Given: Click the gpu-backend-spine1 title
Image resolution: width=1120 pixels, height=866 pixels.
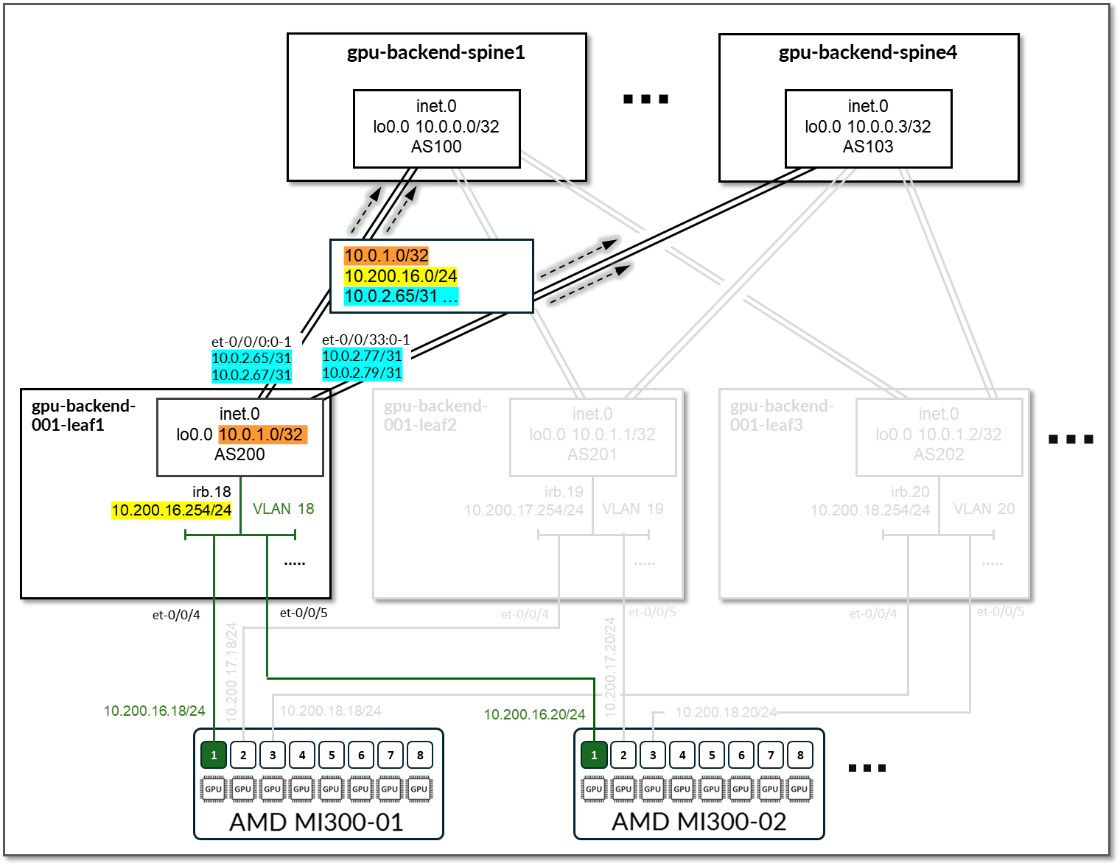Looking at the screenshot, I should (436, 52).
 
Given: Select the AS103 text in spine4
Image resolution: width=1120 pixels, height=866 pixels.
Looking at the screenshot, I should (868, 147).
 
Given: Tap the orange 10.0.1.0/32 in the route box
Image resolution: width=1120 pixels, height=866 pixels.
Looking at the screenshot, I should (386, 256).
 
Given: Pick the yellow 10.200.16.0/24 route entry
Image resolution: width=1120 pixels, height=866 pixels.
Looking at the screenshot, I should (401, 276).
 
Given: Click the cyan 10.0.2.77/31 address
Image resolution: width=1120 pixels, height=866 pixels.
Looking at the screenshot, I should (362, 356).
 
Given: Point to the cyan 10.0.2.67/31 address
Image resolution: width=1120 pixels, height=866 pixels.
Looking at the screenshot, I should (251, 375).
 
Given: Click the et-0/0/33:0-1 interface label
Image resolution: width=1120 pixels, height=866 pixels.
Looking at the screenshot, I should (365, 339).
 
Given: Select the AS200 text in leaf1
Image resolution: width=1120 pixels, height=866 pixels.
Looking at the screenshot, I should (239, 454).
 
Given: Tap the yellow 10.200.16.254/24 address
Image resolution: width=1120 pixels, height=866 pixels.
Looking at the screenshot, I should (171, 510).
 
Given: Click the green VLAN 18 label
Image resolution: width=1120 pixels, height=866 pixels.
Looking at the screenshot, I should (283, 509).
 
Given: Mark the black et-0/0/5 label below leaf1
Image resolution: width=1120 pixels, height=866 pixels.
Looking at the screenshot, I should (304, 613).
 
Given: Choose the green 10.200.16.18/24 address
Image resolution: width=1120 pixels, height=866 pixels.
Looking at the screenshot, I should (154, 711).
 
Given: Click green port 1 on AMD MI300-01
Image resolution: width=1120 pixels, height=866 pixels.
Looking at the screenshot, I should (214, 755).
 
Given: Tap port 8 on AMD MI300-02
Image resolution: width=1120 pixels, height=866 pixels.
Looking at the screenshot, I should (800, 755).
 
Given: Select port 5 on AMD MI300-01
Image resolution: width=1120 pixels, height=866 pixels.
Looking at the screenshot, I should (332, 755).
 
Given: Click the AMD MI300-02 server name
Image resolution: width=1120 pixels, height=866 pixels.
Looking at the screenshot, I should (699, 821).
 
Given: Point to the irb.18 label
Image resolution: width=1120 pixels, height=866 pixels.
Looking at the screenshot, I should (211, 491).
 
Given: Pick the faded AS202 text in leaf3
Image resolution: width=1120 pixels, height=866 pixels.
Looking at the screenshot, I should (938, 454).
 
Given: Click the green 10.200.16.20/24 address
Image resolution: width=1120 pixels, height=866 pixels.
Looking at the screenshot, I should (534, 714).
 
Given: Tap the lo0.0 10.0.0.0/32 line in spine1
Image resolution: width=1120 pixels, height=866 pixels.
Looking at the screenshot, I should (436, 127).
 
